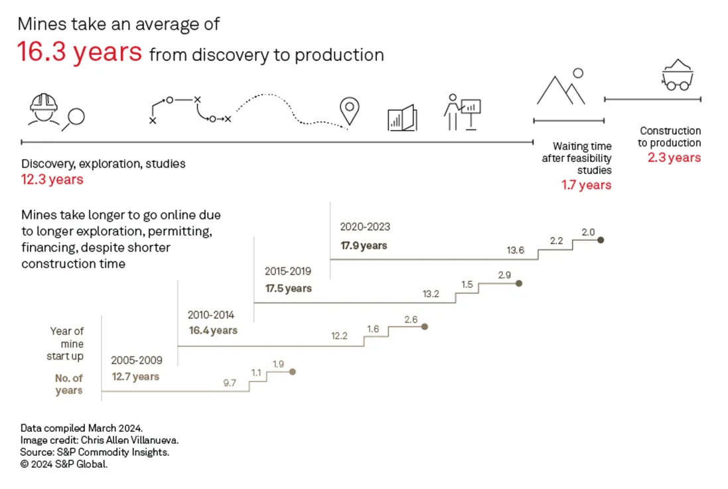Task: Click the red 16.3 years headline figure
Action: pos(80,52)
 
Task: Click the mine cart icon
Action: pos(677,75)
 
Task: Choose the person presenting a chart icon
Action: pos(462,111)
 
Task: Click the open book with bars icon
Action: pos(402,118)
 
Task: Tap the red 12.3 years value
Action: pos(52,180)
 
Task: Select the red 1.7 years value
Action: pos(586,185)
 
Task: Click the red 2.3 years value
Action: pos(674,158)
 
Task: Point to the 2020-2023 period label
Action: pos(365,227)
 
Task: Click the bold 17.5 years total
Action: pos(288,289)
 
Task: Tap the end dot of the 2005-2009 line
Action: pos(293,372)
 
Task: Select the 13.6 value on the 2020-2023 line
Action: pos(516,250)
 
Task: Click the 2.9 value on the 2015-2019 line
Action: pos(504,275)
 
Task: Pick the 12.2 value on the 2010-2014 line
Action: pos(339,336)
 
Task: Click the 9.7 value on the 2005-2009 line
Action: pos(230,383)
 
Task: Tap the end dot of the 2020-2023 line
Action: pos(601,240)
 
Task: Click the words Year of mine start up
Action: pos(66,344)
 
